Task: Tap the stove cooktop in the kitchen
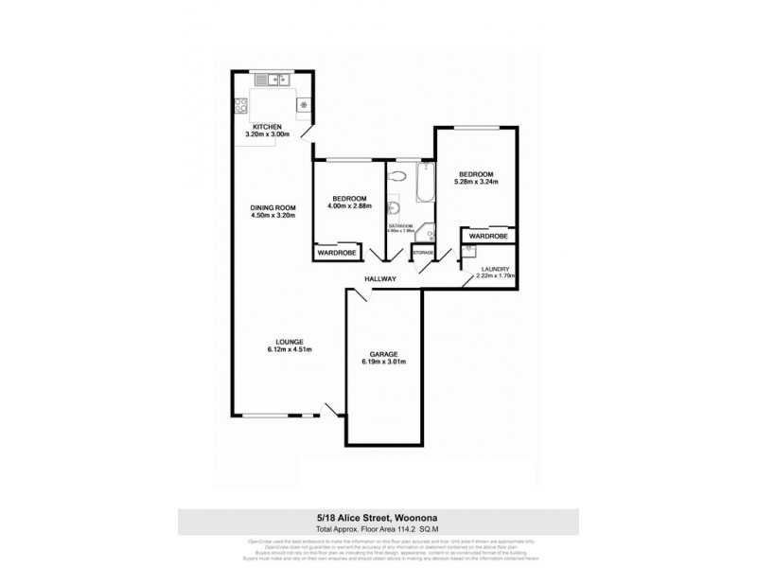click(x=304, y=103)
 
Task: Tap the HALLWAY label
click(x=383, y=279)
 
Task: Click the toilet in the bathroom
click(x=398, y=176)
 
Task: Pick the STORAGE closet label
click(x=423, y=253)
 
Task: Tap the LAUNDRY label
click(x=495, y=269)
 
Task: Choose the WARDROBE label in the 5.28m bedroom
click(x=489, y=236)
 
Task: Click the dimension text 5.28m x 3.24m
click(x=476, y=183)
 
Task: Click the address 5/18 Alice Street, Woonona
click(x=378, y=516)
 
